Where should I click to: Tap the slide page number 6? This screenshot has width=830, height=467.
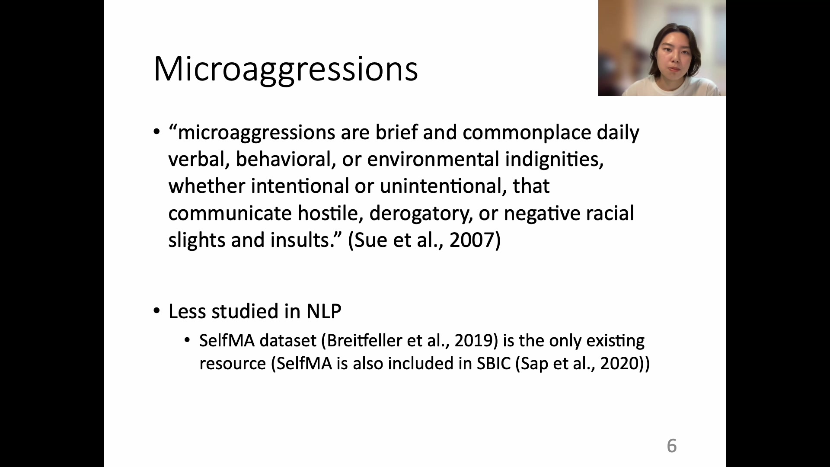pos(672,446)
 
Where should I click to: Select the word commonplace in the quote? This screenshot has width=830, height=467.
pos(527,133)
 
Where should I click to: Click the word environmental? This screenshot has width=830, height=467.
pos(433,159)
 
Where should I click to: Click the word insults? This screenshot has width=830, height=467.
pos(300,240)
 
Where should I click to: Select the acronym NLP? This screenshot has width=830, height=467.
pos(324,311)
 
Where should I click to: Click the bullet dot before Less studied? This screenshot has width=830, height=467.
pos(156,311)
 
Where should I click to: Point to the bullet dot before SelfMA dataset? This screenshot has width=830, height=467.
pos(187,340)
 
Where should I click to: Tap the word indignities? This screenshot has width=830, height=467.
pos(554,159)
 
